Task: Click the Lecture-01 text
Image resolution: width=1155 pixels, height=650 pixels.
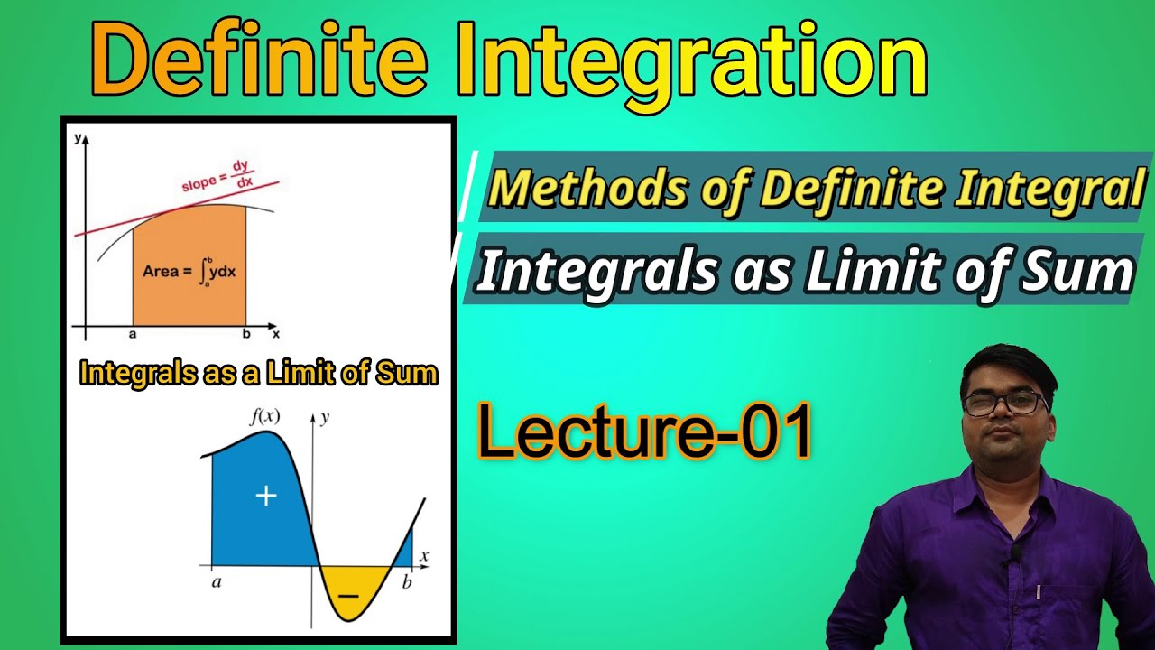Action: point(644,432)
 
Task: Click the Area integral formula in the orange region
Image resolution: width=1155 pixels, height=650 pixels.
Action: point(189,270)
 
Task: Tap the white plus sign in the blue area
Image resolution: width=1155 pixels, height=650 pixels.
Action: point(265,496)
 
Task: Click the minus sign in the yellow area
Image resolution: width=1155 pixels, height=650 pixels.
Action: point(346,596)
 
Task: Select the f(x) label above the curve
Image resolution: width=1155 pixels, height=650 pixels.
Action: point(264,417)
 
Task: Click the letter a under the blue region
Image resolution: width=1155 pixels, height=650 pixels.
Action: point(217,582)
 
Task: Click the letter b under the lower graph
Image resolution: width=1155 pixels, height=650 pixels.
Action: point(407,582)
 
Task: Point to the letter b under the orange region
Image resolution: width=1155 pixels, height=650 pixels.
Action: point(245,334)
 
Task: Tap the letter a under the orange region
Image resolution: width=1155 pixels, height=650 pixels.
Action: point(133,334)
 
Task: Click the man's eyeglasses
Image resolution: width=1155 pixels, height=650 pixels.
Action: point(1004,403)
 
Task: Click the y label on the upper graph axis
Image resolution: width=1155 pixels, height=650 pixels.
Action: point(79,138)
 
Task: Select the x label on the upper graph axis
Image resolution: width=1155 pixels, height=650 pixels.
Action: point(276,333)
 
